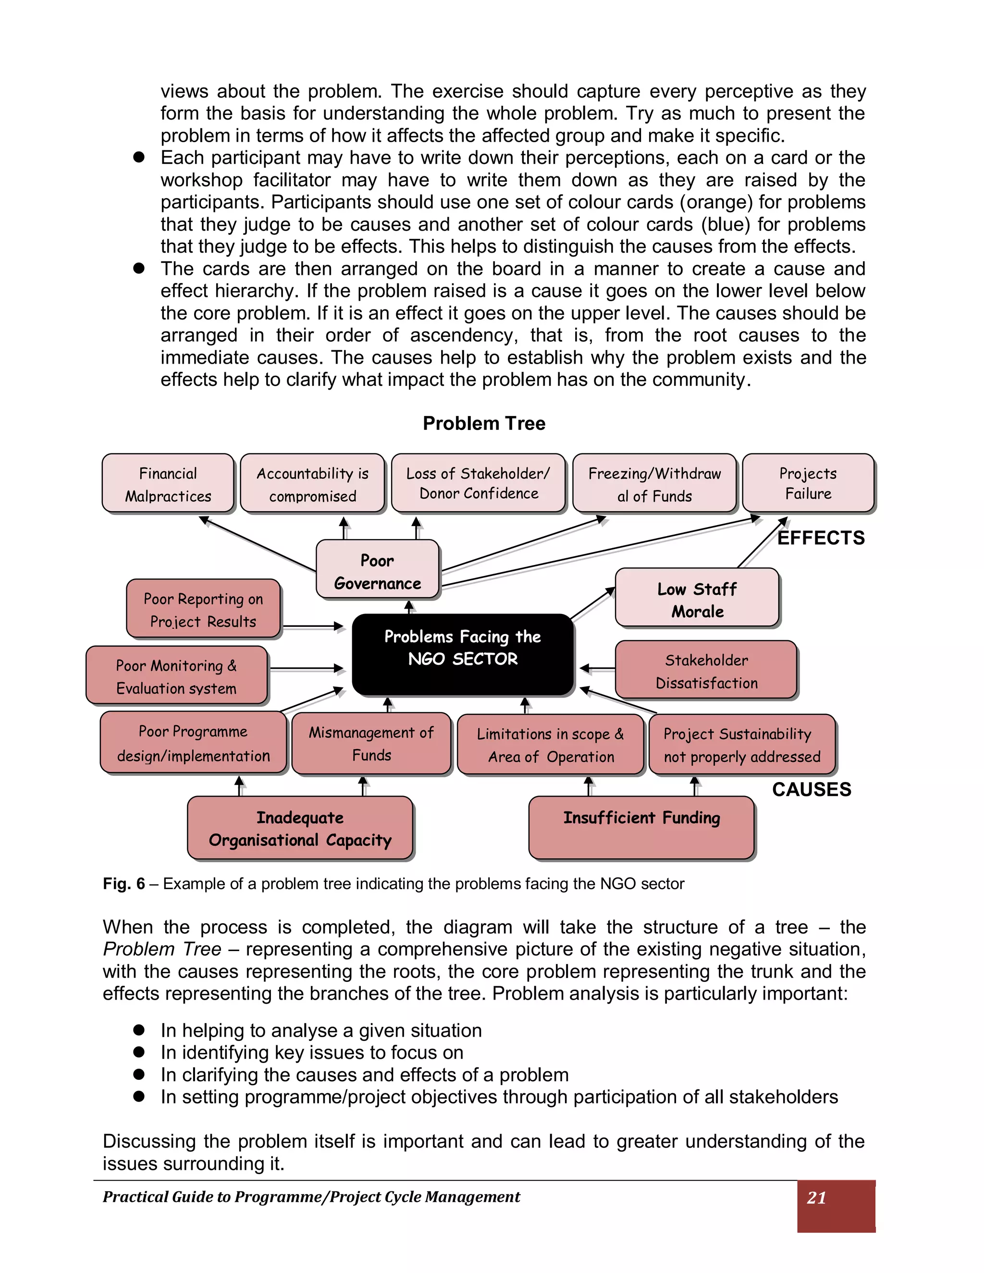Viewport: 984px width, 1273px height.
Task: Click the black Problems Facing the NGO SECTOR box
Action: (463, 654)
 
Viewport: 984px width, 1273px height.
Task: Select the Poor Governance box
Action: (377, 569)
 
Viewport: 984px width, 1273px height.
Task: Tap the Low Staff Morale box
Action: (697, 598)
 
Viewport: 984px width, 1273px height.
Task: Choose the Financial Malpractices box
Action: (168, 483)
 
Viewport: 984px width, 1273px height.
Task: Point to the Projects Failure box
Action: (808, 483)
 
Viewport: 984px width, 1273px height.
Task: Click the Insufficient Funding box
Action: (641, 827)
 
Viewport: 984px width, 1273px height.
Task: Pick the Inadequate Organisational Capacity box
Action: (300, 828)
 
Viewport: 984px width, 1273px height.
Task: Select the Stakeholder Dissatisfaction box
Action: (706, 670)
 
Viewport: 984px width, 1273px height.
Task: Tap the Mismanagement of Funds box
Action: (371, 743)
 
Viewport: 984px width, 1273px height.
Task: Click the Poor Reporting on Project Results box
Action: (203, 609)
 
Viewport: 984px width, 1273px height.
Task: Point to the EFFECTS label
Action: (821, 538)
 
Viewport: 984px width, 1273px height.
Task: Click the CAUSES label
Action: (812, 789)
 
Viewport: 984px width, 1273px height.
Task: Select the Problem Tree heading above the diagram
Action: (484, 423)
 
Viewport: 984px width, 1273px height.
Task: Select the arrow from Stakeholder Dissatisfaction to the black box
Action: (598, 669)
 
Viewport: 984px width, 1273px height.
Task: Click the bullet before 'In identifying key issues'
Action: (139, 1052)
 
